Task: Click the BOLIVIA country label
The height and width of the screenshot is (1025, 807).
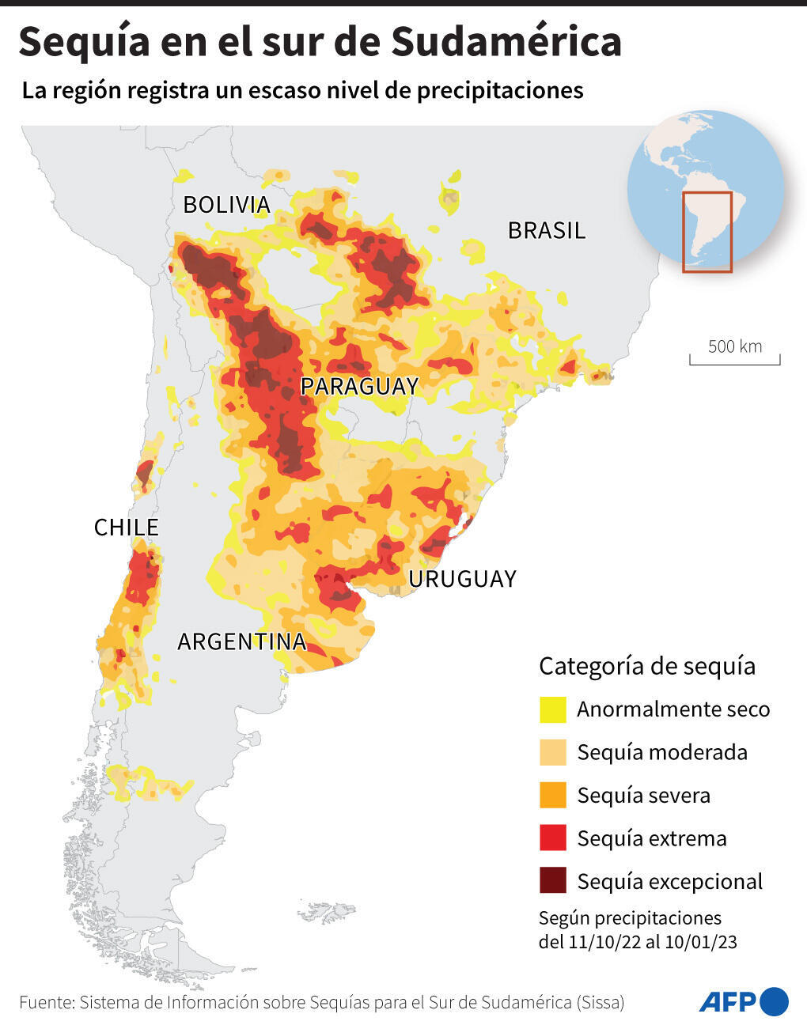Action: click(x=226, y=205)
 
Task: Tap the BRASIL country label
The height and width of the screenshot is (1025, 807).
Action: click(x=546, y=231)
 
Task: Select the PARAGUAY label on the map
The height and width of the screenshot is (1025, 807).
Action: click(x=359, y=387)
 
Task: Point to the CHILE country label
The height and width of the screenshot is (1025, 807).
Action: click(x=126, y=528)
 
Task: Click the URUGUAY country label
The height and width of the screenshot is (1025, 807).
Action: click(x=462, y=579)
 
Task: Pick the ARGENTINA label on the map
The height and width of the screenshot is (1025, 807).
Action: click(x=241, y=641)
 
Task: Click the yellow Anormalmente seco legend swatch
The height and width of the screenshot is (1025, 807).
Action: click(x=552, y=709)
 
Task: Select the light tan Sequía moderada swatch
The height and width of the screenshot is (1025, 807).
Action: click(x=552, y=752)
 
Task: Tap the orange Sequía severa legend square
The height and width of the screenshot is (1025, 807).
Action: click(x=552, y=796)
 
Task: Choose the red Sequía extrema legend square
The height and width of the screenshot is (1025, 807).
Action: click(x=552, y=838)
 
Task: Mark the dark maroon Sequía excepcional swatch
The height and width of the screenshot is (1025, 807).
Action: click(x=552, y=881)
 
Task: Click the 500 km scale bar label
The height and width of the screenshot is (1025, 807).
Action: click(x=734, y=346)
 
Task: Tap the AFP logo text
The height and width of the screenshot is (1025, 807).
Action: click(x=727, y=1002)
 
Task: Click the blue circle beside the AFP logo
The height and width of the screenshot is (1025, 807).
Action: click(x=775, y=1001)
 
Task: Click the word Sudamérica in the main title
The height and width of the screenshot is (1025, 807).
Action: click(x=506, y=43)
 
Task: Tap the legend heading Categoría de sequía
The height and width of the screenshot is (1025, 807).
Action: click(x=646, y=666)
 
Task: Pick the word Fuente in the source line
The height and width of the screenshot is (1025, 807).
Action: click(x=45, y=1003)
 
